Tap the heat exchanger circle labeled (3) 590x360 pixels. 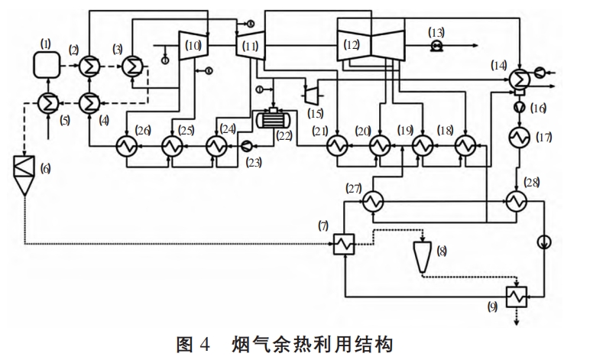[x=134, y=66]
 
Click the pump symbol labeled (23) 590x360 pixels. [x=246, y=144]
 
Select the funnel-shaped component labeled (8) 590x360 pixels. [x=422, y=257]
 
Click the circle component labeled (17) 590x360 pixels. [x=523, y=138]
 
